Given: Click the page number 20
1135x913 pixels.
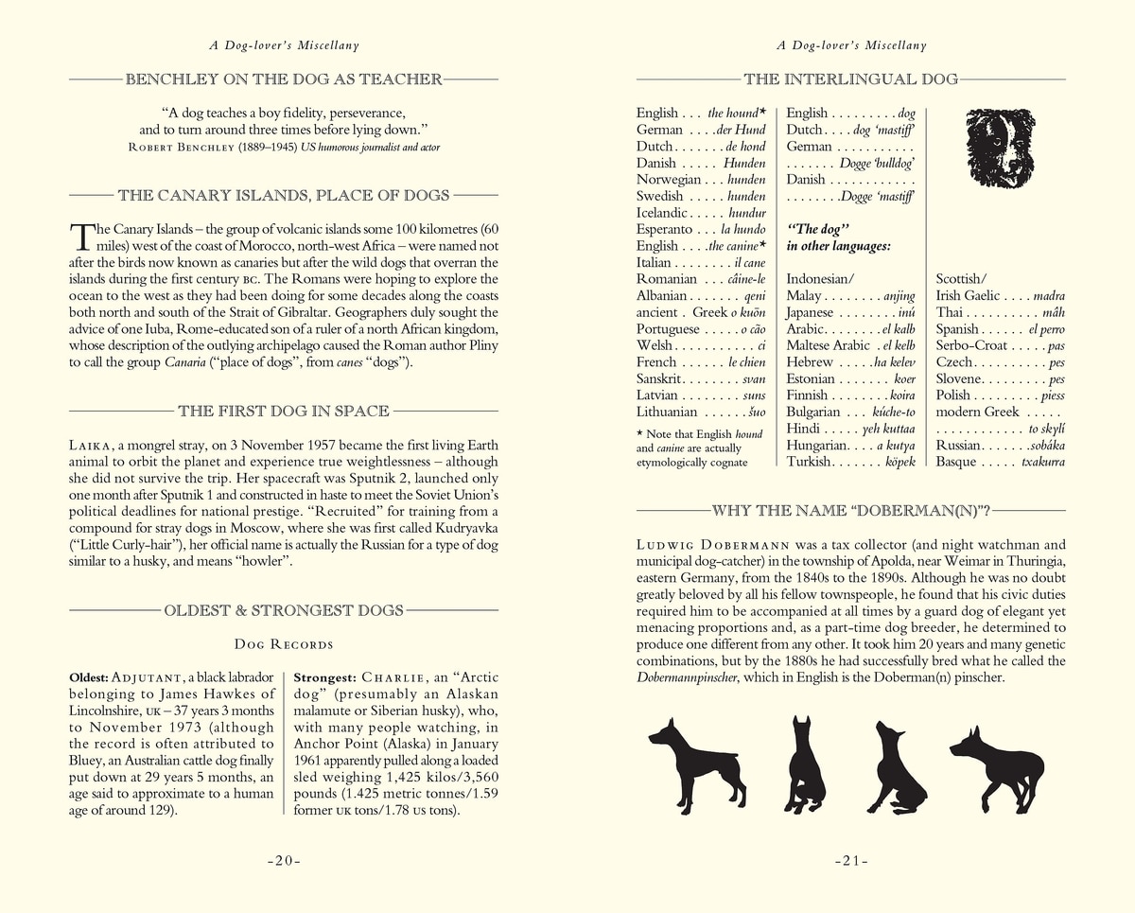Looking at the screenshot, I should pyautogui.click(x=283, y=861).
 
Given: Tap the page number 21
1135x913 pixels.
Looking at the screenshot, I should pyautogui.click(x=851, y=861).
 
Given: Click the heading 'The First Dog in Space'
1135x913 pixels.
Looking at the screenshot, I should pyautogui.click(x=284, y=411).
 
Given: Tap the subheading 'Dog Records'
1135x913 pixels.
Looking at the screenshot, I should pyautogui.click(x=284, y=645).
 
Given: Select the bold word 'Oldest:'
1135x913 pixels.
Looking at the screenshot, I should pyautogui.click(x=89, y=678).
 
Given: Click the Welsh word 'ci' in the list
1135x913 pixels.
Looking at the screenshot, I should pyautogui.click(x=760, y=345).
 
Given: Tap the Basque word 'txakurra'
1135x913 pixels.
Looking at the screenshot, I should pyautogui.click(x=1042, y=462).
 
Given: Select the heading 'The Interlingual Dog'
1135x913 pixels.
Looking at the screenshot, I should pyautogui.click(x=851, y=79).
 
